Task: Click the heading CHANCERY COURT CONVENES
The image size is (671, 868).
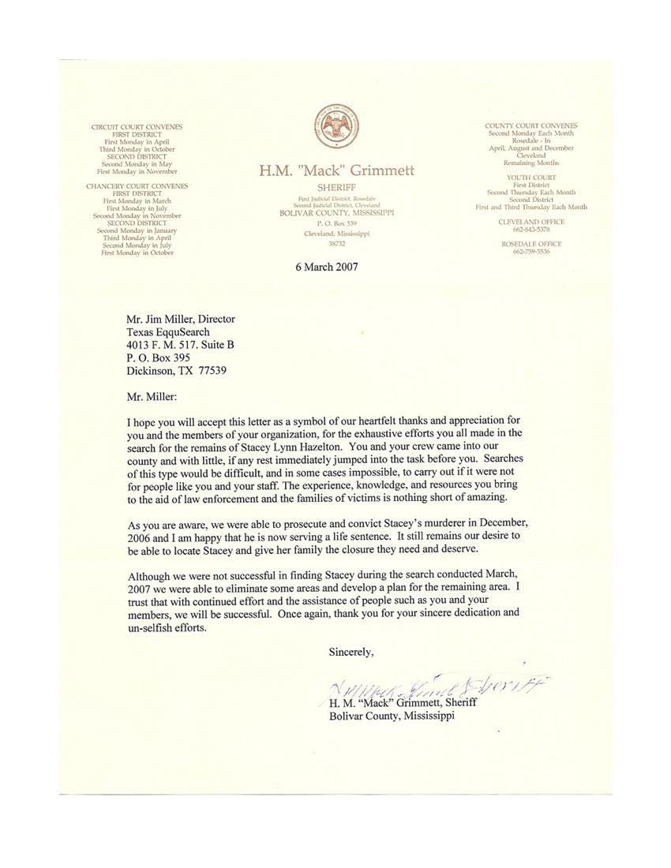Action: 137,186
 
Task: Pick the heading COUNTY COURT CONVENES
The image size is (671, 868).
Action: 530,125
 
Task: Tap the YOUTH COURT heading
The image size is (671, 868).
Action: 530,178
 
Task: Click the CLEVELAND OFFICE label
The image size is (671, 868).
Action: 530,222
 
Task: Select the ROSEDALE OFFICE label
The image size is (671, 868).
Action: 530,244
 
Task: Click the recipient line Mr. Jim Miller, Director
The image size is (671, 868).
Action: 181,320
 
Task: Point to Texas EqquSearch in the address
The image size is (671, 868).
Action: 168,332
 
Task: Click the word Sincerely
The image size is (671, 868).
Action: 351,652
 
